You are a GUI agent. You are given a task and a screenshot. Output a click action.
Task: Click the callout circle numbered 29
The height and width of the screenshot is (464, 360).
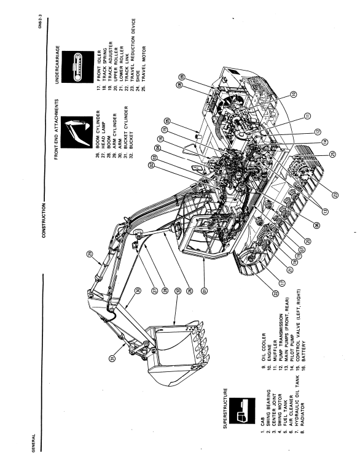90,254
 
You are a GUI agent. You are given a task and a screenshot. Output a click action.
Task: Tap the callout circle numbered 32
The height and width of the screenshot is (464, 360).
177,291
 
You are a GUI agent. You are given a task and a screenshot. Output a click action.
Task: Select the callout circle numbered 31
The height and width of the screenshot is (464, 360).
112,358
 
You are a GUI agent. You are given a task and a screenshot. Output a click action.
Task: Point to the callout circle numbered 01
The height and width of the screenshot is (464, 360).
204,291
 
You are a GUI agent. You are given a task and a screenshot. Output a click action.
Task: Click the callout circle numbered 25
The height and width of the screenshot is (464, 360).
333,154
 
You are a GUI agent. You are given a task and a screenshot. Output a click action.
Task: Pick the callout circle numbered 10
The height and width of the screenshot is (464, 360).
293,94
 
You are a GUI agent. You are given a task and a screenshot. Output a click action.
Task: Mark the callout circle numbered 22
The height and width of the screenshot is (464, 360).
275,293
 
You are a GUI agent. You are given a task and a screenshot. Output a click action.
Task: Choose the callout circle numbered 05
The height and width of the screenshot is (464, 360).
168,121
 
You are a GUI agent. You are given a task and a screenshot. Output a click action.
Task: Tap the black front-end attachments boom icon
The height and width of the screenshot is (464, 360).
76,132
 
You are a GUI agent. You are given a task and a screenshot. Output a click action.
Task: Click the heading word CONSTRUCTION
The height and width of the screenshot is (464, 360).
44,220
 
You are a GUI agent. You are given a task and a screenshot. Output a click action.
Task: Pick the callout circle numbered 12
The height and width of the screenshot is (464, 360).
318,131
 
